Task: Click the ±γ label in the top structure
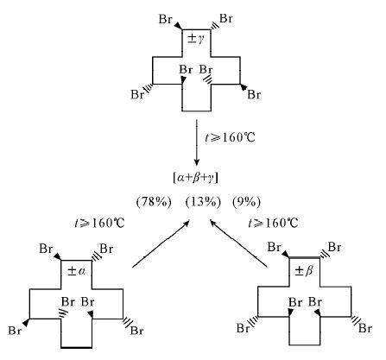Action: pyautogui.click(x=195, y=38)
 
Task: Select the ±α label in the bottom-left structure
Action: pyautogui.click(x=76, y=271)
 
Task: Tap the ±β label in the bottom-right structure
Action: pyautogui.click(x=304, y=270)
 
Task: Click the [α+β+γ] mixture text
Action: pyautogui.click(x=196, y=179)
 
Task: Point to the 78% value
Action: pyautogui.click(x=154, y=202)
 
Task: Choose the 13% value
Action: pyautogui.click(x=203, y=202)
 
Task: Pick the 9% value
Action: pyautogui.click(x=246, y=202)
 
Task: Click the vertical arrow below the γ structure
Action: pyautogui.click(x=197, y=142)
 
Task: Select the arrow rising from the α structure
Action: pyautogui.click(x=161, y=244)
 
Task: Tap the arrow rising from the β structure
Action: pyautogui.click(x=239, y=243)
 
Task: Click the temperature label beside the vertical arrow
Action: pyautogui.click(x=230, y=137)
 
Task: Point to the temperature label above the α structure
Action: pyautogui.click(x=99, y=223)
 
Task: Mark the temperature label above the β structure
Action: pyautogui.click(x=273, y=223)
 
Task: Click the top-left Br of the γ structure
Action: pyautogui.click(x=166, y=19)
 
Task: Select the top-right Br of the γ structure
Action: pyautogui.click(x=226, y=18)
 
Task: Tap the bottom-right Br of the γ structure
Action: pyautogui.click(x=254, y=94)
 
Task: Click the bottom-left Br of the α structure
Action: pyautogui.click(x=15, y=331)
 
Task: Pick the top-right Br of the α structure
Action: pyautogui.click(x=106, y=249)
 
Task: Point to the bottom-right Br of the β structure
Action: pyautogui.click(x=365, y=328)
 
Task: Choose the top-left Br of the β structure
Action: pyautogui.click(x=275, y=247)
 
